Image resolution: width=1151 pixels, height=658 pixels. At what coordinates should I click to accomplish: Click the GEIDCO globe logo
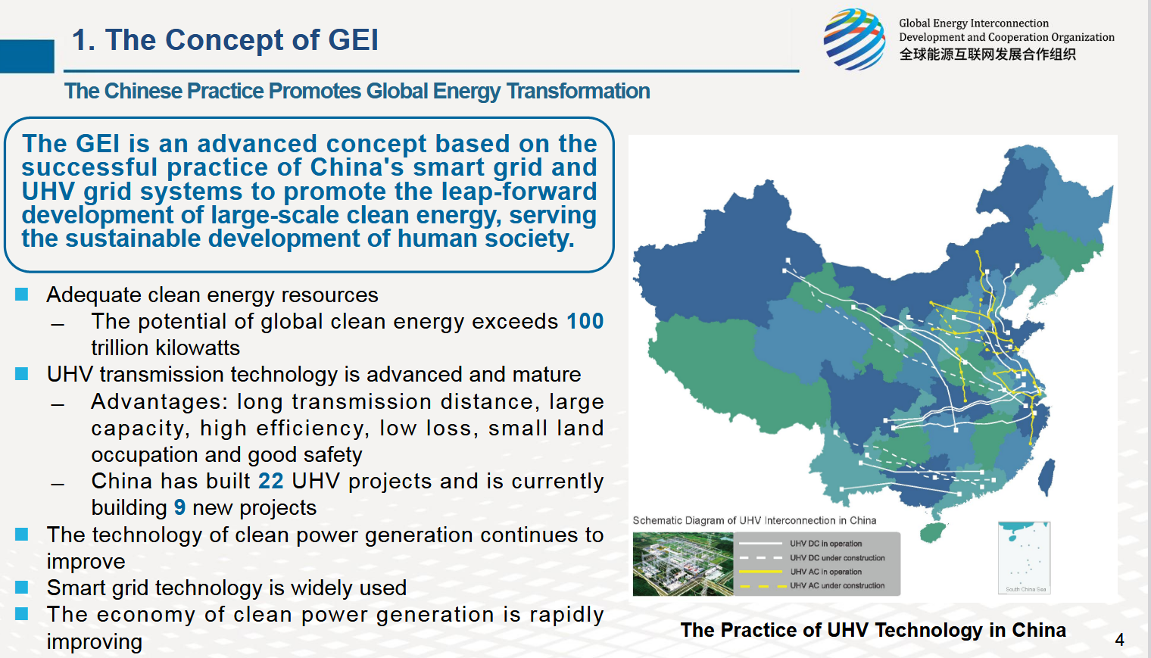tap(854, 39)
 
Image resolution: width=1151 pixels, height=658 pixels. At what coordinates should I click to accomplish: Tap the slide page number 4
tap(1120, 640)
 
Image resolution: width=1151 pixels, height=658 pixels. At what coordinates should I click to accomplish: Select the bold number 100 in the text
tap(585, 321)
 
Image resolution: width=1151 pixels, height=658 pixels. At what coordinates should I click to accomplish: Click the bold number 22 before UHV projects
tap(271, 482)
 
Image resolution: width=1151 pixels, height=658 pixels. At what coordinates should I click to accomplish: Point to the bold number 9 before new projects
tap(180, 507)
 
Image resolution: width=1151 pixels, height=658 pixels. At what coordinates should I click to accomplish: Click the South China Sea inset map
tap(1024, 558)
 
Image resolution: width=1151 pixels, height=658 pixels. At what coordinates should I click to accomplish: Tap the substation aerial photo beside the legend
tap(683, 564)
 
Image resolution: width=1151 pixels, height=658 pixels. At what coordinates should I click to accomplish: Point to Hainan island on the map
tap(933, 532)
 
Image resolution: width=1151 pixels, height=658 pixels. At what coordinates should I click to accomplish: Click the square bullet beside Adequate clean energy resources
tap(21, 295)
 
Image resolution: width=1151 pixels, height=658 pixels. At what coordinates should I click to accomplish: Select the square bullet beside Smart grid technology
tap(21, 587)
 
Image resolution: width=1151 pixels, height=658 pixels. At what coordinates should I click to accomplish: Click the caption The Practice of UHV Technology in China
tap(873, 630)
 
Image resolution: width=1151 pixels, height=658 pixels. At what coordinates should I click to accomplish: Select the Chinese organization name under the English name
tap(987, 55)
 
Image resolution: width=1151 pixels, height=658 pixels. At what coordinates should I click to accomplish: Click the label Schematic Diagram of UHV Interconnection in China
tap(754, 520)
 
